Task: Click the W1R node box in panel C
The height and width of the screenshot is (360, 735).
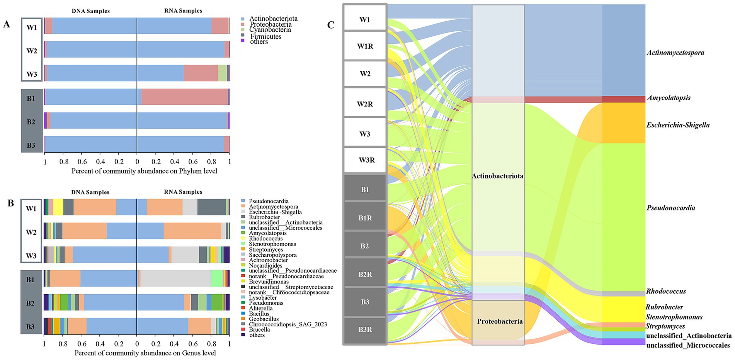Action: (365, 46)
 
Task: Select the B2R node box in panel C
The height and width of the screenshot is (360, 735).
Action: (365, 274)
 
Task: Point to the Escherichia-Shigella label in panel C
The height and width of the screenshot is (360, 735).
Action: (678, 125)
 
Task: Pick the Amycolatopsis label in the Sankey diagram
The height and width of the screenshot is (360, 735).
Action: (669, 98)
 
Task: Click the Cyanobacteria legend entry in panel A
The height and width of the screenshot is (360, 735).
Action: (270, 30)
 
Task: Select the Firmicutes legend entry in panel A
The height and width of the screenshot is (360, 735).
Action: (265, 36)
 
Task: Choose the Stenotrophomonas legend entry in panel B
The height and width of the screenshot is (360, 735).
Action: (272, 244)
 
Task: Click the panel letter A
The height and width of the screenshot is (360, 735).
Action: (7, 24)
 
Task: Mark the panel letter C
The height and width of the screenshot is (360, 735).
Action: (331, 25)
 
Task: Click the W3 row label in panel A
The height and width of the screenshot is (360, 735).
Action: (32, 74)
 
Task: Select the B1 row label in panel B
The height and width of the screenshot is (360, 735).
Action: (31, 280)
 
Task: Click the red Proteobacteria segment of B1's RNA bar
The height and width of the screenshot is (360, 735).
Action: (184, 97)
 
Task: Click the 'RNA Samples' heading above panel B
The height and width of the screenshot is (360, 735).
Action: (183, 192)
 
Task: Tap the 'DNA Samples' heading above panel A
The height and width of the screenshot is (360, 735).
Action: (90, 11)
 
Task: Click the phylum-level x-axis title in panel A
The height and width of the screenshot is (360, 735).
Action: (144, 171)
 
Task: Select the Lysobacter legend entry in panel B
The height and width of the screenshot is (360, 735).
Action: (262, 298)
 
